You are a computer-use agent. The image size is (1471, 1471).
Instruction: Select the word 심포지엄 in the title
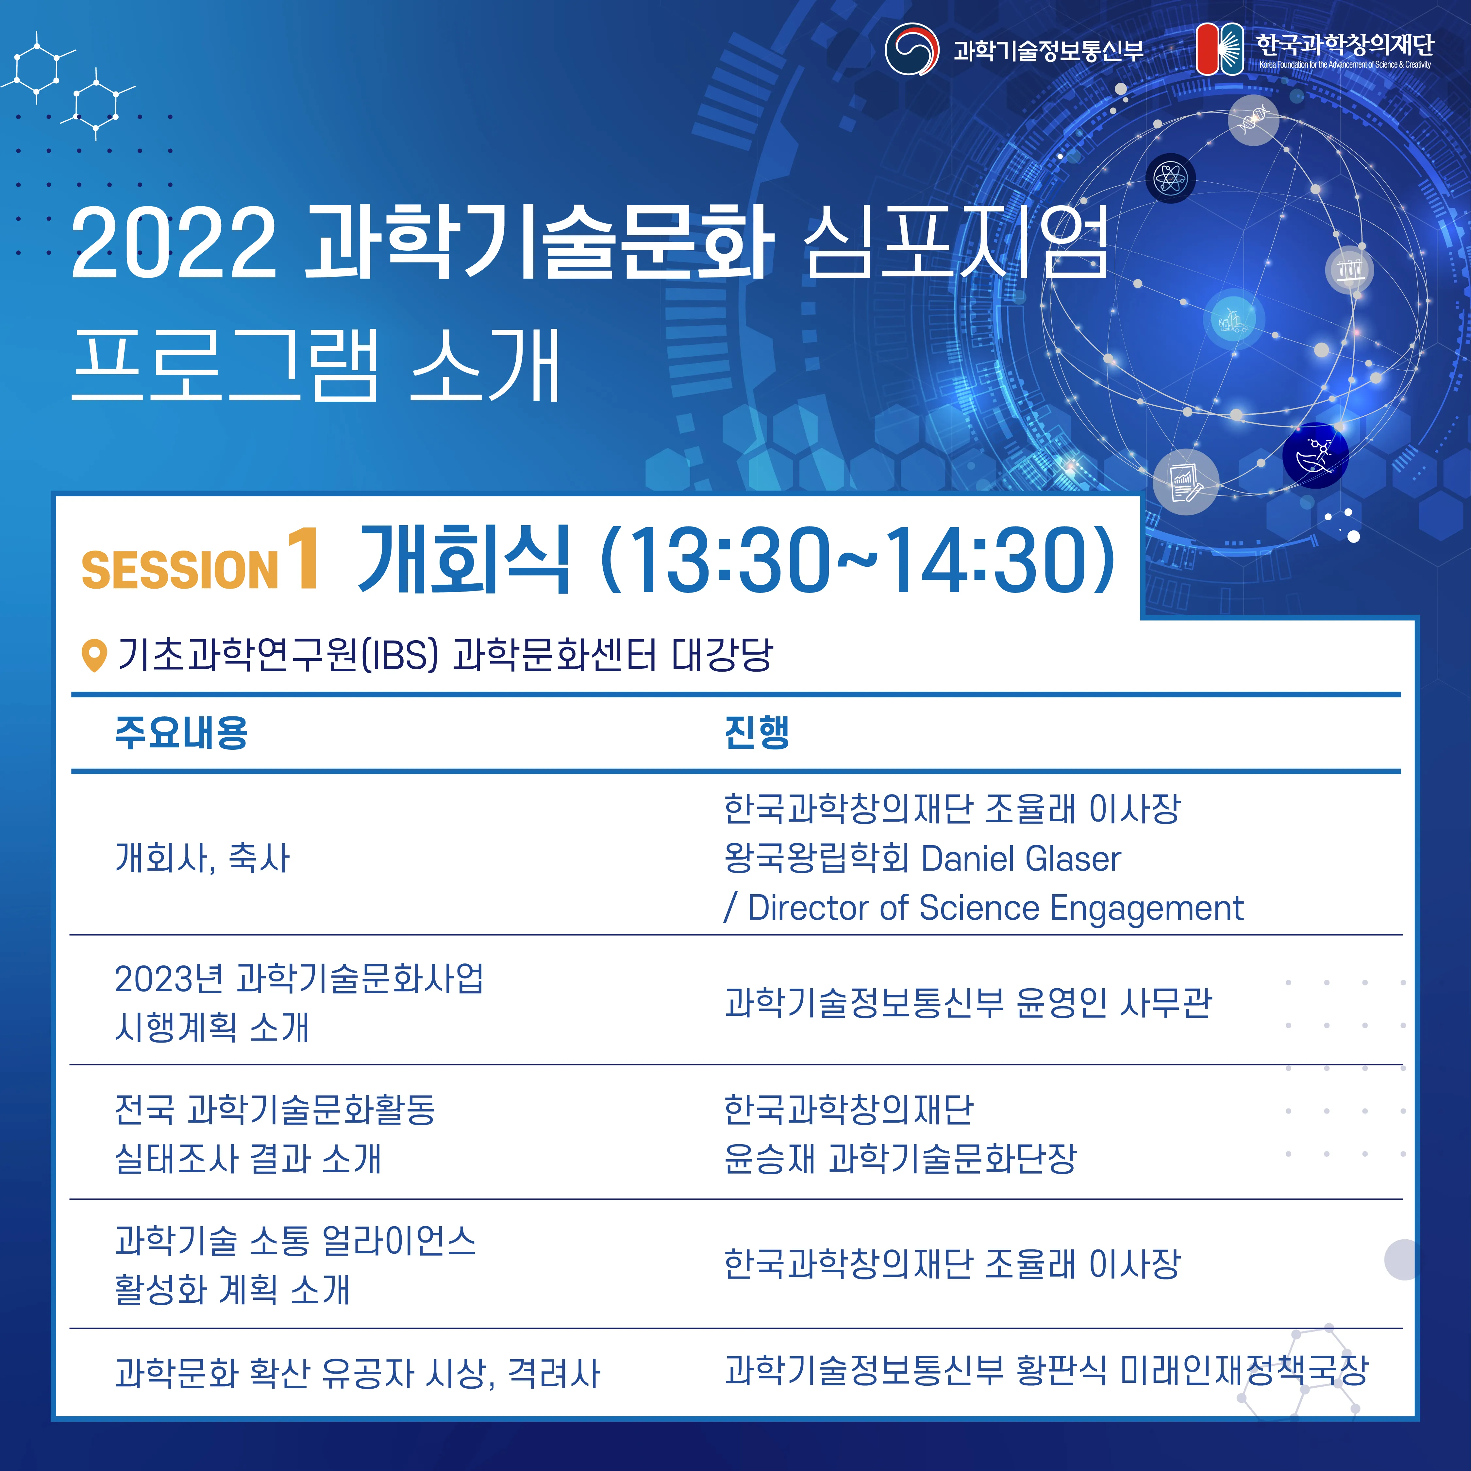956,242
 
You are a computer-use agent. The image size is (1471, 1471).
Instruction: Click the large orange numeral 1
303,560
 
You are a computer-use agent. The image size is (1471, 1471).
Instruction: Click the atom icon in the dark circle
1170,179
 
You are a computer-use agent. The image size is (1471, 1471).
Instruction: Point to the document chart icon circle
1185,482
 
